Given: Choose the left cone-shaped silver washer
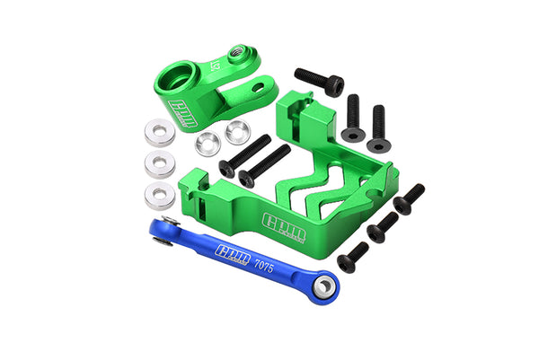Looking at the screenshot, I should (x=208, y=141).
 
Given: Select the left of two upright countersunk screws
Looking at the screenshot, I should (x=351, y=118).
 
